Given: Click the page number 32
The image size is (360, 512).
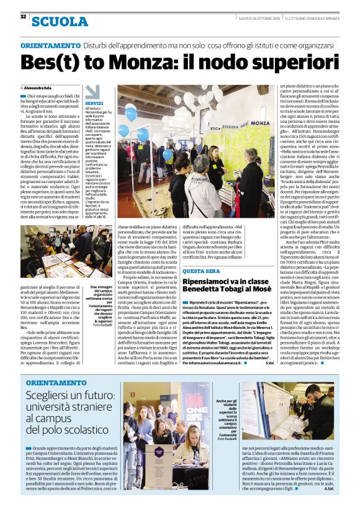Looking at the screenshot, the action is pyautogui.click(x=23, y=16).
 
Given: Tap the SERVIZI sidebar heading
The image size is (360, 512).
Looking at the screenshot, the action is pyautogui.click(x=94, y=103).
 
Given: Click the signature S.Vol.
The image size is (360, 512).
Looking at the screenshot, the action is pyautogui.click(x=269, y=363).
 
